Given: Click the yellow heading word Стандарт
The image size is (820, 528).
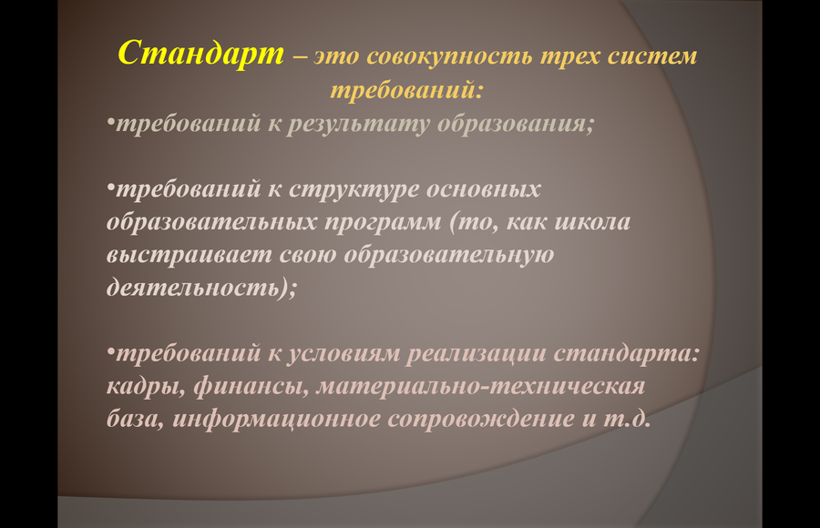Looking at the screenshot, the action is pyautogui.click(x=200, y=54).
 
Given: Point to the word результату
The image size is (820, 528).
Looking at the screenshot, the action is pyautogui.click(x=358, y=125).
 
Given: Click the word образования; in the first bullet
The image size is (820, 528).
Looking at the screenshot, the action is pyautogui.click(x=516, y=125).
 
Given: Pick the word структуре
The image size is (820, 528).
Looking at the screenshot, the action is pyautogui.click(x=354, y=189).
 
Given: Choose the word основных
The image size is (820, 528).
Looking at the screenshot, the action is pyautogui.click(x=483, y=189).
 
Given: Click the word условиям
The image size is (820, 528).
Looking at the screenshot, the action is pyautogui.click(x=343, y=354).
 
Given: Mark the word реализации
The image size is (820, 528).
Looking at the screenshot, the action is pyautogui.click(x=477, y=354).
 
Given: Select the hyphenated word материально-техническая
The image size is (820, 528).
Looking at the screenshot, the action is pyautogui.click(x=480, y=386).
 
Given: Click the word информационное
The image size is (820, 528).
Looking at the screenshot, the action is pyautogui.click(x=276, y=420).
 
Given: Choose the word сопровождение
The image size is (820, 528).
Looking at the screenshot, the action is pyautogui.click(x=481, y=420).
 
